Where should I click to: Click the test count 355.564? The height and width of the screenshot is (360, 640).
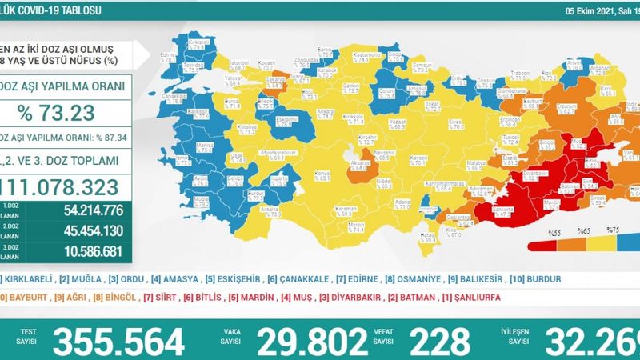point(118,341)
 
